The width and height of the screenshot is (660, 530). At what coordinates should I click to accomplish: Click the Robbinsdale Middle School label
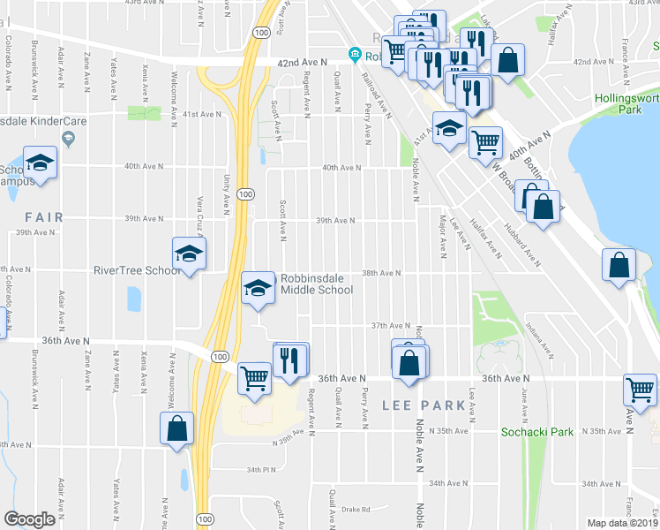[x=317, y=284]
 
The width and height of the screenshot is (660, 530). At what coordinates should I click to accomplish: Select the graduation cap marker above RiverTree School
[x=189, y=254]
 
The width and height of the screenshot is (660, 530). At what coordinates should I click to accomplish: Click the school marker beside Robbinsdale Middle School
[x=258, y=288]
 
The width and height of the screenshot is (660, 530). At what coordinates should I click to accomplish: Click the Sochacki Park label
[x=537, y=432]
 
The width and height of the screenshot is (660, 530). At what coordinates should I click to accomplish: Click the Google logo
[x=30, y=519]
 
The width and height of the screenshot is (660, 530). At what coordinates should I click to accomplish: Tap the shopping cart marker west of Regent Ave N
[x=254, y=378]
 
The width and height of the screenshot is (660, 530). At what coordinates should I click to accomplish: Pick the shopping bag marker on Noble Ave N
[x=409, y=362]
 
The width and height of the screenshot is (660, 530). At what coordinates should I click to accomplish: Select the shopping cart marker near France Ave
[x=640, y=390]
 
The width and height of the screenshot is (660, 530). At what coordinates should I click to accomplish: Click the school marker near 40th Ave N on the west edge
[x=40, y=163]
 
